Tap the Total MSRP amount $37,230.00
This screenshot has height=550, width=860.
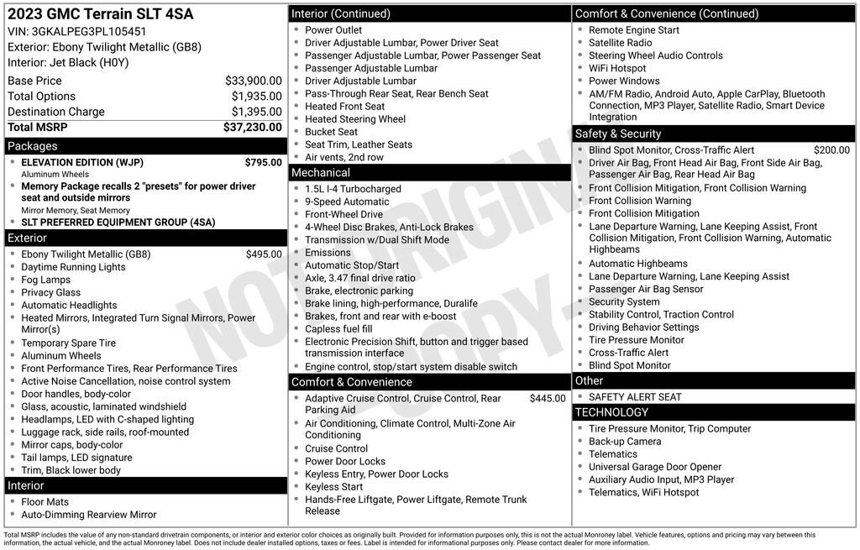pos(252,127)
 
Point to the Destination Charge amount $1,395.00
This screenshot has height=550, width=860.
pos(256,112)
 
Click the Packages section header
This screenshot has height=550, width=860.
pos(33,146)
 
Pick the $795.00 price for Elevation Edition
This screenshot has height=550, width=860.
pos(263,162)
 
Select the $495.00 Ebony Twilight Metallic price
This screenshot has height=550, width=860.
pos(264,254)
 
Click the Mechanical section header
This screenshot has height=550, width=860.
pos(321,173)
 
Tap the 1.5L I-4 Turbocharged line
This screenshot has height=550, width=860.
pos(353,189)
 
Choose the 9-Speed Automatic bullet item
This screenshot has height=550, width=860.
pos(347,202)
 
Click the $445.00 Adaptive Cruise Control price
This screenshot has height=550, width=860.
pos(548,399)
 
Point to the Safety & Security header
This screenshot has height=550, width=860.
pos(617,134)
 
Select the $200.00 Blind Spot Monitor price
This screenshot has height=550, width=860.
pos(831,150)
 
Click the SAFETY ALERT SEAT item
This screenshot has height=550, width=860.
pos(635,397)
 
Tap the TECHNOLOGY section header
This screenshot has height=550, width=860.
pos(611,412)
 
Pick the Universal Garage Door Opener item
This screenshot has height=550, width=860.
pos(655,467)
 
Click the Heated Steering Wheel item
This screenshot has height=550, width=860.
pos(355,119)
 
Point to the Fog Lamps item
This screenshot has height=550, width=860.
pos(46,280)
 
